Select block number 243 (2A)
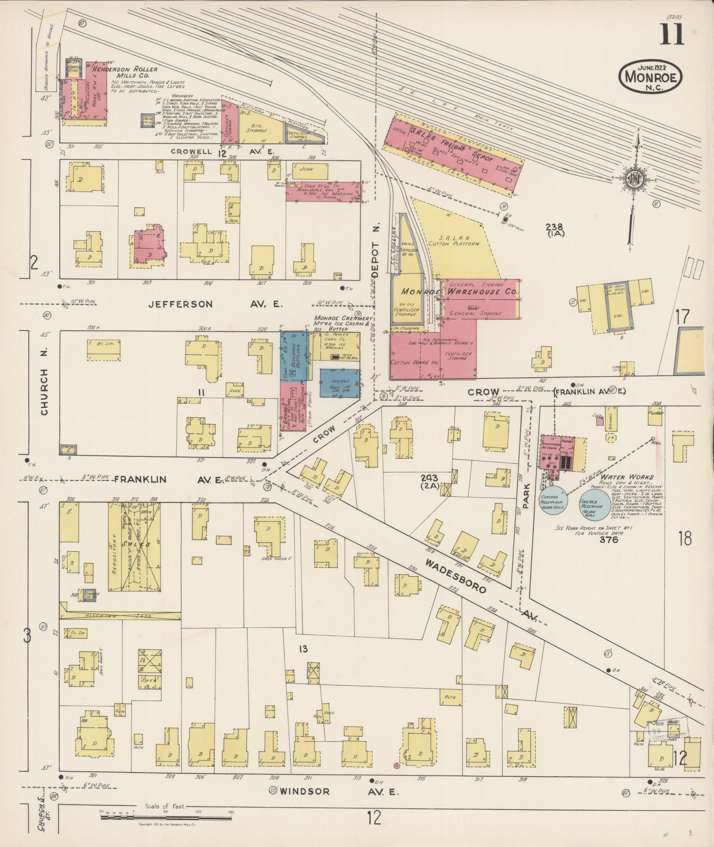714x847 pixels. (429, 481)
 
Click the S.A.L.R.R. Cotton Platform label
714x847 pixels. (454, 240)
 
